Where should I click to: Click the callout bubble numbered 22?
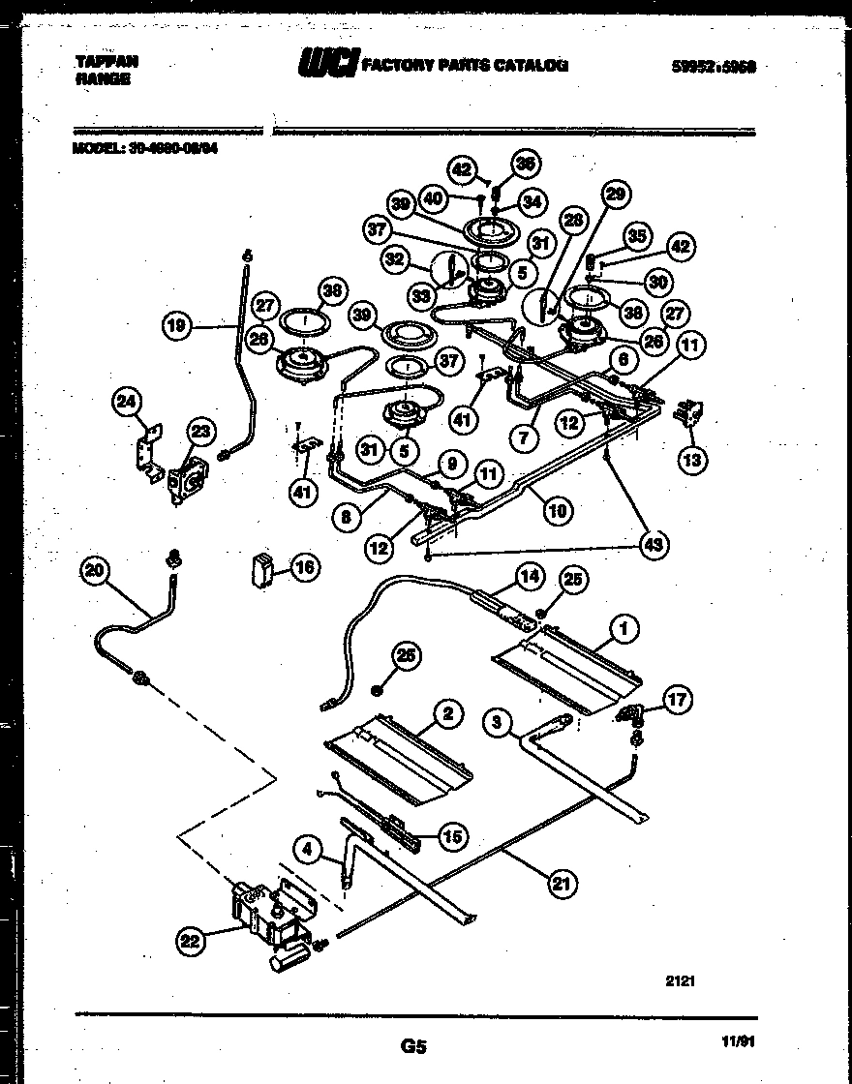click(191, 937)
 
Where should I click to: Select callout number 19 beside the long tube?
click(176, 326)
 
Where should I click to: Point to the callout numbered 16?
click(304, 568)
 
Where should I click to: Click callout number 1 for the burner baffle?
click(624, 629)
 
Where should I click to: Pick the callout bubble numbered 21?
click(559, 882)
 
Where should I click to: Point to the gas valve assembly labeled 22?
click(266, 918)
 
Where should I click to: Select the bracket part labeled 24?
click(147, 454)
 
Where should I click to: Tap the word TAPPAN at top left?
click(106, 60)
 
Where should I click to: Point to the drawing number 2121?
click(681, 980)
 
